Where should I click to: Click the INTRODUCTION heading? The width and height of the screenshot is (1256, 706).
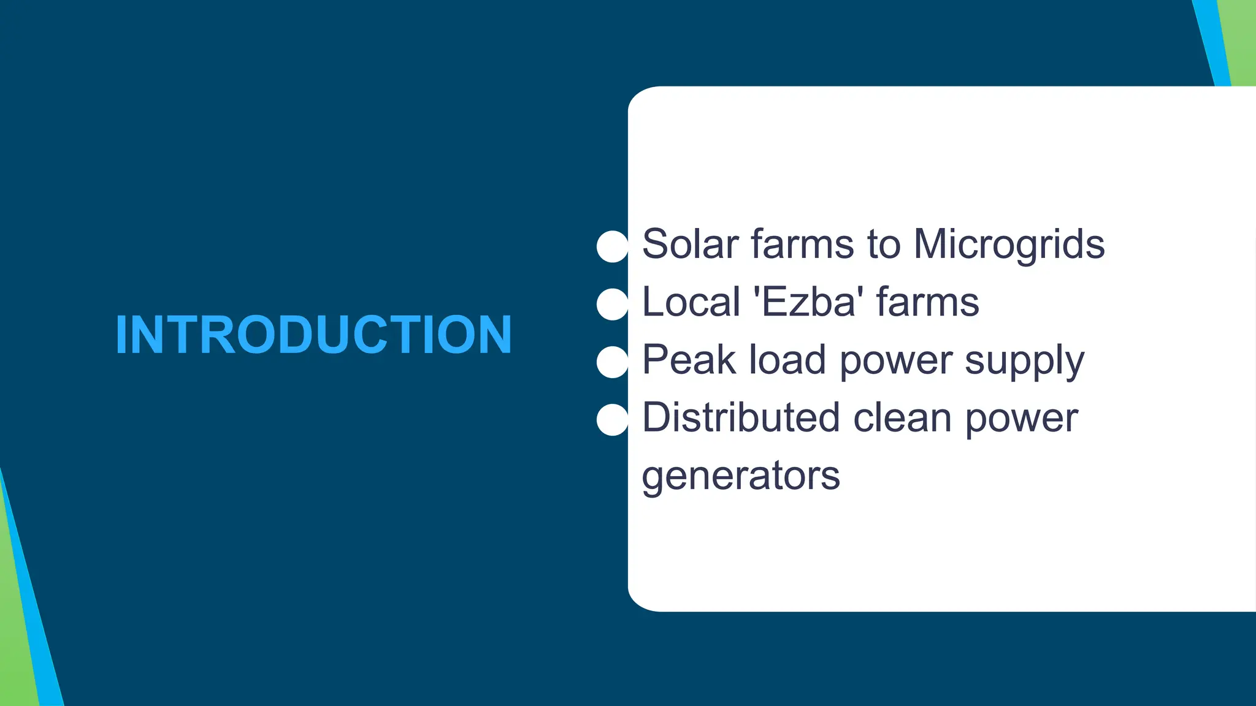[x=313, y=335]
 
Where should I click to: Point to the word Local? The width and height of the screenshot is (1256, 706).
[x=691, y=302]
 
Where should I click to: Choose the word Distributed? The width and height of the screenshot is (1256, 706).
[x=740, y=417]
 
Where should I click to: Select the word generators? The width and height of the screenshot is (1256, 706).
[x=740, y=476]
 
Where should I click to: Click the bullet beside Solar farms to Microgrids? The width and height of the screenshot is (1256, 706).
[x=612, y=246]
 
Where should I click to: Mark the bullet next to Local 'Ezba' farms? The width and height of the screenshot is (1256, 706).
[x=612, y=304]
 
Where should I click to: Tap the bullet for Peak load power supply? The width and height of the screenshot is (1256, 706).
[x=612, y=362]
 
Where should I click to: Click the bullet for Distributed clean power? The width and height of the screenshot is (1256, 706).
[x=612, y=420]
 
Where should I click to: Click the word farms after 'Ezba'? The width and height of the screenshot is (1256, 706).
[x=927, y=302]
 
